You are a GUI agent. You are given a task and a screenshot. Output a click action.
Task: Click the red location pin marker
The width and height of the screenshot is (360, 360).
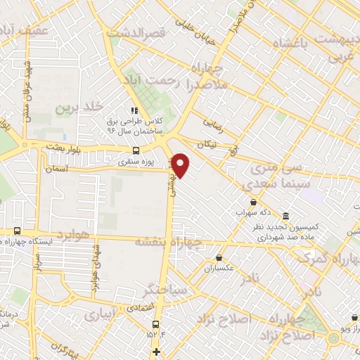(x=181, y=165)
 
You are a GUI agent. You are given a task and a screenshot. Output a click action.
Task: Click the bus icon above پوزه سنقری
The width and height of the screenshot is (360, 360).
(x=136, y=150)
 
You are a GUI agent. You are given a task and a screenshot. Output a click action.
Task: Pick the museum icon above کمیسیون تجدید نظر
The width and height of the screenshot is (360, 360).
(x=285, y=215)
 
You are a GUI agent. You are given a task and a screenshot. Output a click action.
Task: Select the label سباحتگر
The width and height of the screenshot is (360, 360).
(x=163, y=289)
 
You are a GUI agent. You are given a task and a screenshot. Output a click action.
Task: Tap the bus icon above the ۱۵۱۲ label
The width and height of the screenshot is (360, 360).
(x=155, y=323)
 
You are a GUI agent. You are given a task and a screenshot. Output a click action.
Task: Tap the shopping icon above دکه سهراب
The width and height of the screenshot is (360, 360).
(x=252, y=202)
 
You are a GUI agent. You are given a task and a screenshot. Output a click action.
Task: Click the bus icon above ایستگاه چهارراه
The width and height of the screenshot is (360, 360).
(x=16, y=231)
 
